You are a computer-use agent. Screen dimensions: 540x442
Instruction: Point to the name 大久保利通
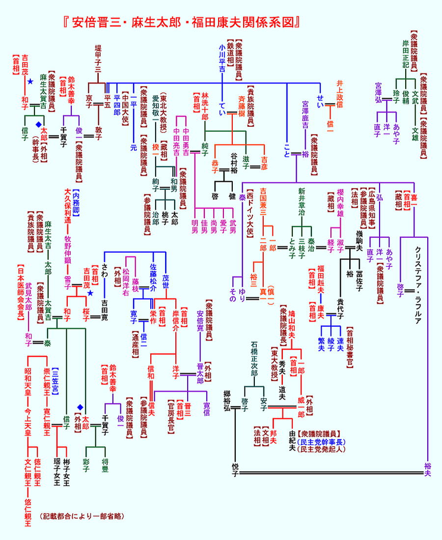68,206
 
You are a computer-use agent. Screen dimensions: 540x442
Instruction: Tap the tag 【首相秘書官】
350,346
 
